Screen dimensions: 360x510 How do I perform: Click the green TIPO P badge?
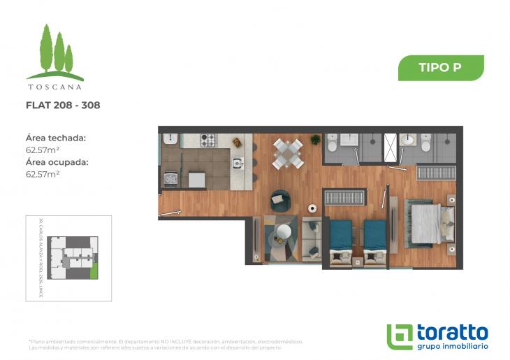[x=441, y=68]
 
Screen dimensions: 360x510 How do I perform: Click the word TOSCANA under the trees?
[x=54, y=87]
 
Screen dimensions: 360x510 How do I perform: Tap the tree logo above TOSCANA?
[x=55, y=52]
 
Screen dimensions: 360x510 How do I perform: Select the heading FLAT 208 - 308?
[x=63, y=106]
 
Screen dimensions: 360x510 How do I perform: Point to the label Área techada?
[x=55, y=138]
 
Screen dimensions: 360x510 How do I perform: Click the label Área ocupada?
[x=57, y=162]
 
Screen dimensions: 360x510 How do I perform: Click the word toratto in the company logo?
[x=452, y=332]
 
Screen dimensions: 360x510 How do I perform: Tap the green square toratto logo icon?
[x=400, y=336]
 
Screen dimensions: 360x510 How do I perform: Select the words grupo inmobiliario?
[x=452, y=346]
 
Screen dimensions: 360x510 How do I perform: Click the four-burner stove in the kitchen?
[x=209, y=140]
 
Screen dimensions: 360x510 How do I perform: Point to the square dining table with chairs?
[x=288, y=153]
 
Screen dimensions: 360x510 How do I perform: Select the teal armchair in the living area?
[x=279, y=200]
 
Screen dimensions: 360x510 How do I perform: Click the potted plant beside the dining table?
[x=316, y=140]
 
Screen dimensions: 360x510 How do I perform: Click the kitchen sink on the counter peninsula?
[x=238, y=164]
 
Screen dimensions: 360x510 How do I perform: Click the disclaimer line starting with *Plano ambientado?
[x=166, y=342]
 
